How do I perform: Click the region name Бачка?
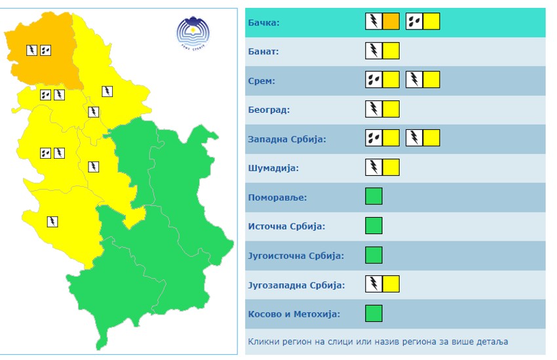pos(264,22)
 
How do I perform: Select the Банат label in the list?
pos(263,51)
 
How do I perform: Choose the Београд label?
pos(269,110)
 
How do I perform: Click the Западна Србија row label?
pos(287,139)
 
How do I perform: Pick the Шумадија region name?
pos(274,168)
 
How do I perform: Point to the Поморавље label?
pos(278,197)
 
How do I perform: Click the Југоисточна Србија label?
pos(296,255)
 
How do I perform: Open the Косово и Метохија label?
pos(294,313)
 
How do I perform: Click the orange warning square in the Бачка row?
pos(391,22)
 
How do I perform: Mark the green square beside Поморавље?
pos(374,196)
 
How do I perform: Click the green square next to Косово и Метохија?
pos(374,313)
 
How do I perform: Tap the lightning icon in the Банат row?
pos(374,50)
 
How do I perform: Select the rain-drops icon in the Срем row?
pos(374,80)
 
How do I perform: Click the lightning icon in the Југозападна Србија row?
pos(374,284)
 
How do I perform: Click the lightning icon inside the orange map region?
pos(31,49)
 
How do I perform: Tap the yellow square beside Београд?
pos(391,109)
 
